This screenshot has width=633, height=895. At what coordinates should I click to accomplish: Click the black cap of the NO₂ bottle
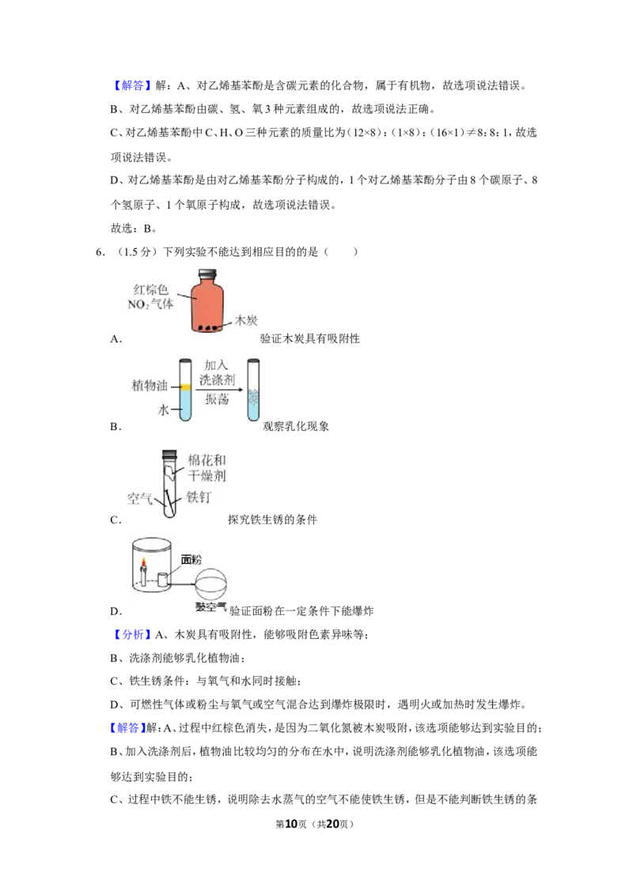[207, 274]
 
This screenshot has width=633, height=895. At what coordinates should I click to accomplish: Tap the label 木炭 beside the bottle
[246, 320]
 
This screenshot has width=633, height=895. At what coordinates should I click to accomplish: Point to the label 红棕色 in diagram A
[151, 289]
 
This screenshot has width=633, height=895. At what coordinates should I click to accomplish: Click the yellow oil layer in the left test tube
[185, 387]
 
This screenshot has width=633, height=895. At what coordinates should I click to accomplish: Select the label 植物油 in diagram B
[150, 385]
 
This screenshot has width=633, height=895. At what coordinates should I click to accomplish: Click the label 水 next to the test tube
[163, 410]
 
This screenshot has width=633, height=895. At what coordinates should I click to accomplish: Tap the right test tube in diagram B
[253, 390]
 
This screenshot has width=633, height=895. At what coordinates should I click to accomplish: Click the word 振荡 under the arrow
[217, 399]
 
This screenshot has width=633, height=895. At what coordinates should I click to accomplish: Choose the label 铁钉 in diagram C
[199, 497]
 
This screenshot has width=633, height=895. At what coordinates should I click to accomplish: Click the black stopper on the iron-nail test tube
[169, 455]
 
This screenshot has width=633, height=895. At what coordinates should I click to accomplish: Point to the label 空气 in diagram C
[139, 499]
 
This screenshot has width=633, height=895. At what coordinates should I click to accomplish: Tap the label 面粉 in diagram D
[191, 560]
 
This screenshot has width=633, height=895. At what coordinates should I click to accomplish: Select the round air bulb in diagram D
[210, 584]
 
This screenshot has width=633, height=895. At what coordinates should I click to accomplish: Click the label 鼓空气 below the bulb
[210, 607]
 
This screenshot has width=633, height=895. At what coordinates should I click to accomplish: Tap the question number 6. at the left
[100, 251]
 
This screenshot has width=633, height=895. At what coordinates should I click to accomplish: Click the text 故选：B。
[134, 228]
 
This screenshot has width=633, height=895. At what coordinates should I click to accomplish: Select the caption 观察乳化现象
[296, 426]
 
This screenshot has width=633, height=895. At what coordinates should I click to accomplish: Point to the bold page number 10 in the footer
[291, 824]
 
